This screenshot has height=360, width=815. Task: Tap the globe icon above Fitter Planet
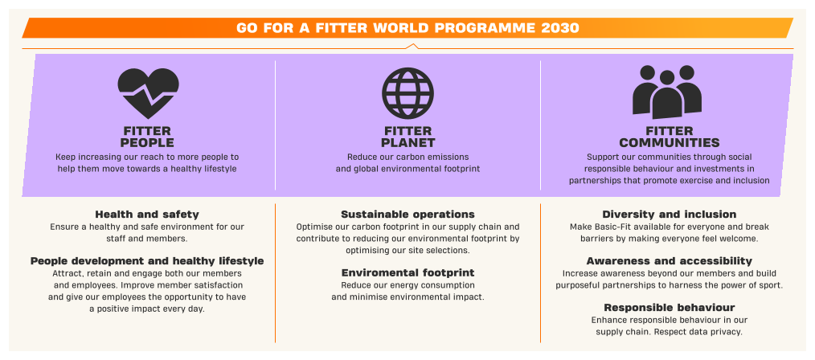coord(407,93)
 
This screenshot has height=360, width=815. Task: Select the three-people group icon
coord(667,92)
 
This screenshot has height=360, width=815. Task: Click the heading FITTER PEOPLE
coord(148,137)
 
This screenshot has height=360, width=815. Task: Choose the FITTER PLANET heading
coord(408,137)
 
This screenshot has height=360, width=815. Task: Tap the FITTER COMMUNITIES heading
coord(670,137)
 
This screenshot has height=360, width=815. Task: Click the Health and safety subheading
coord(147,215)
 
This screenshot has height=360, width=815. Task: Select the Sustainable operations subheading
coord(408,215)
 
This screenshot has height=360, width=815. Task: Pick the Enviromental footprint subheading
coord(408,273)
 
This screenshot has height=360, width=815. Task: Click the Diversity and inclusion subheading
coord(670,215)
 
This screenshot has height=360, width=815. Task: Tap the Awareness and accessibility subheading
coord(670,261)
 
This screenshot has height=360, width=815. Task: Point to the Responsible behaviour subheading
coord(670,308)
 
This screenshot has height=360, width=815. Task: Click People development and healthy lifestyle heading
coord(147,261)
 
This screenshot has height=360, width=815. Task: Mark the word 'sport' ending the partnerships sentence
coord(771,286)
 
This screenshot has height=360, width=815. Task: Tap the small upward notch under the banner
coord(412,46)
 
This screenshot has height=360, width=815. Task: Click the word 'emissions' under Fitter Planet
coord(450,157)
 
